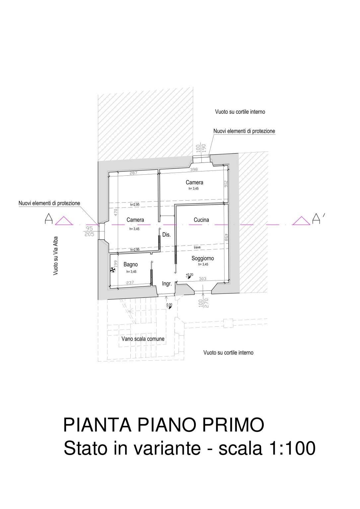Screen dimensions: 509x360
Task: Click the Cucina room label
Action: coord(201,220)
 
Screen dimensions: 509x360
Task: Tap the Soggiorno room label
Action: coord(202,258)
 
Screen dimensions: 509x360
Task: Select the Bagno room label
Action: coord(130,264)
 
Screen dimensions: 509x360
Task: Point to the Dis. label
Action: coord(166,235)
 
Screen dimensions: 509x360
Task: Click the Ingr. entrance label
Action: coord(167,284)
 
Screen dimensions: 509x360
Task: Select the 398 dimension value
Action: coord(193,170)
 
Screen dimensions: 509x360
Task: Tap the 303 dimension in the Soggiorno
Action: coord(202,279)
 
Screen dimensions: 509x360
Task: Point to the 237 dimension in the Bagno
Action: coord(130,283)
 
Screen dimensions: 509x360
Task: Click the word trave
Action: coord(197,247)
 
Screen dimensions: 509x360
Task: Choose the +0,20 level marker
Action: coord(189,275)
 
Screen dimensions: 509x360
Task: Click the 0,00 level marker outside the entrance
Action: coord(169,305)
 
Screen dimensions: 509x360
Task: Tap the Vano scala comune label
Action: coord(143,339)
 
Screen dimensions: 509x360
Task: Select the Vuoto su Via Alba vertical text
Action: coord(56,256)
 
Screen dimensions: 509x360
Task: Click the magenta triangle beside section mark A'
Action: coord(301,221)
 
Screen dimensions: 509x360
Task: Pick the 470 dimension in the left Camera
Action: coord(116,212)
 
